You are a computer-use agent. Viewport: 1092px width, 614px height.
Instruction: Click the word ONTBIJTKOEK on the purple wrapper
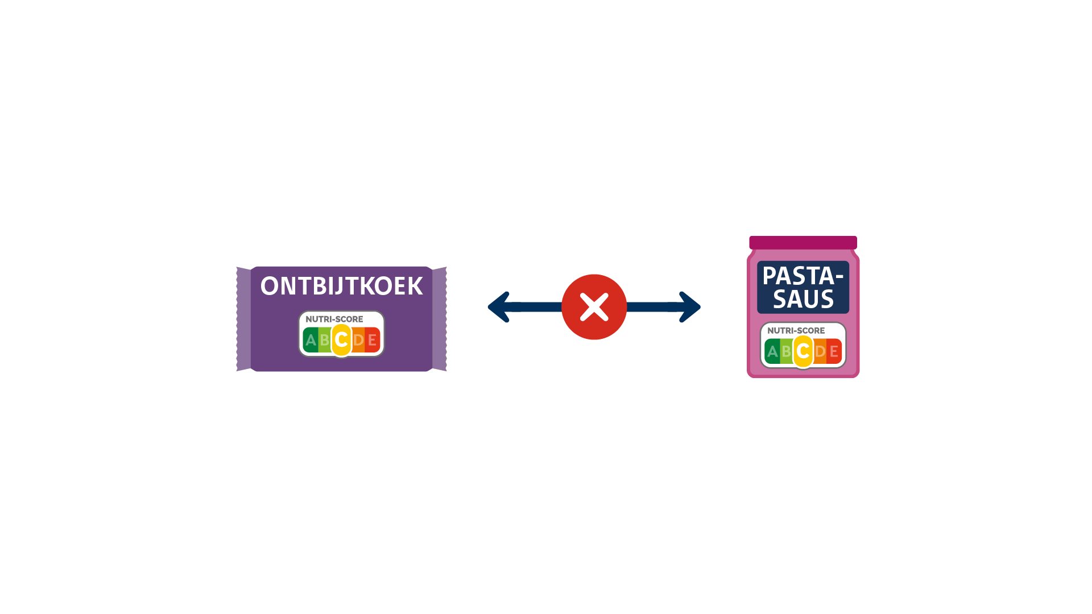click(341, 286)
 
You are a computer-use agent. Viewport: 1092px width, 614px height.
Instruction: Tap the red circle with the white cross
click(594, 307)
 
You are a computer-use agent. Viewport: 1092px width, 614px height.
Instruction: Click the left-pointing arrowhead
click(499, 307)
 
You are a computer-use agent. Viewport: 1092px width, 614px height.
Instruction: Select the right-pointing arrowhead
click(690, 307)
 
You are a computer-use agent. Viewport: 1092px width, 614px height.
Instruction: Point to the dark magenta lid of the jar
click(803, 243)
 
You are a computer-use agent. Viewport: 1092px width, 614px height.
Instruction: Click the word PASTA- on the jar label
click(803, 276)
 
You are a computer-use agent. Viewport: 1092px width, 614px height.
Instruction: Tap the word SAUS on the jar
click(803, 299)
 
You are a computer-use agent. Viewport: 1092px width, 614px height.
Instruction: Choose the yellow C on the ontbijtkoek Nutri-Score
click(341, 340)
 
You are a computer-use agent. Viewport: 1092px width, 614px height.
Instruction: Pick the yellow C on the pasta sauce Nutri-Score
click(803, 351)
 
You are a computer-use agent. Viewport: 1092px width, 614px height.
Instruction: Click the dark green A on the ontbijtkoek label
click(311, 340)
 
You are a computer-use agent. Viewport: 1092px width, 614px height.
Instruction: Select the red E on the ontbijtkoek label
click(373, 340)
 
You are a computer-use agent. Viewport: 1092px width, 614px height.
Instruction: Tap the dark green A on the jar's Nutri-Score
click(772, 351)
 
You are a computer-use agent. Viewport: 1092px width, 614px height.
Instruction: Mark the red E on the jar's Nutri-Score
click(834, 351)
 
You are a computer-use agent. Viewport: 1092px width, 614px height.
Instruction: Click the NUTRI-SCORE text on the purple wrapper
click(334, 319)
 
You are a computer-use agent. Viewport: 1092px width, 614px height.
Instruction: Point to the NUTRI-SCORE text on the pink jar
click(796, 330)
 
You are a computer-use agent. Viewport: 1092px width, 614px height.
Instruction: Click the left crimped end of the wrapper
click(243, 319)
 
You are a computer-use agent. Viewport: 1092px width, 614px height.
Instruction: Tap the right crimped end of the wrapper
click(440, 319)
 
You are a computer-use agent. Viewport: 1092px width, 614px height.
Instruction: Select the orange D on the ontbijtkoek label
click(358, 340)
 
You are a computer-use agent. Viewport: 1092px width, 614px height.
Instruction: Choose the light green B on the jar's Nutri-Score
click(787, 351)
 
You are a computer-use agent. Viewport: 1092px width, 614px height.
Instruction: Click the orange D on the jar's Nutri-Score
click(820, 351)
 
